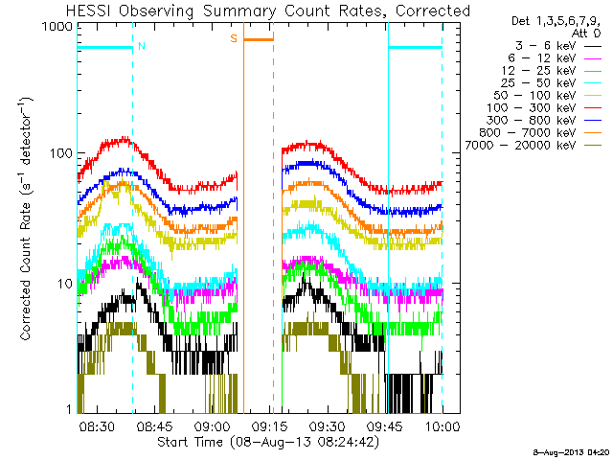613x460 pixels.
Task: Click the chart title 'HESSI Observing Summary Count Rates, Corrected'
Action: [268, 11]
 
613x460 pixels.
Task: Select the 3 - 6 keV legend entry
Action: [557, 46]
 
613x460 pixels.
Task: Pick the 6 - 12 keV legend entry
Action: [555, 58]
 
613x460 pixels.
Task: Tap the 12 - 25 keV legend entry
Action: [552, 71]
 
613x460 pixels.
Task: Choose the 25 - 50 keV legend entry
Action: [552, 83]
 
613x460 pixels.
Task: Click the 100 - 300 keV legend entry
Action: [544, 108]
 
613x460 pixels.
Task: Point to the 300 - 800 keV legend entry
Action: [544, 121]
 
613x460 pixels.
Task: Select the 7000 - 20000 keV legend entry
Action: [534, 146]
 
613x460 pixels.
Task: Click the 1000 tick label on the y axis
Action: [57, 27]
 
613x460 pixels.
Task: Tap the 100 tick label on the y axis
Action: [61, 153]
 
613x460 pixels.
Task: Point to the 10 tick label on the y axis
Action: [65, 284]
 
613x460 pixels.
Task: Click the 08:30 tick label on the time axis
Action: [97, 425]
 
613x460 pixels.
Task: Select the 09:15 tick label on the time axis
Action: [268, 425]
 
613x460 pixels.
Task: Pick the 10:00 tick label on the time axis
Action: [443, 425]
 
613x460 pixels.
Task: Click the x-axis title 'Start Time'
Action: [190, 443]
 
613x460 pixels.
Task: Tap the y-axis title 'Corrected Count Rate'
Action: [26, 271]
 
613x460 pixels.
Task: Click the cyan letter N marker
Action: [142, 46]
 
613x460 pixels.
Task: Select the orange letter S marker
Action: [234, 38]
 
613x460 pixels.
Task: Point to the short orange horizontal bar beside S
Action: [259, 39]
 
